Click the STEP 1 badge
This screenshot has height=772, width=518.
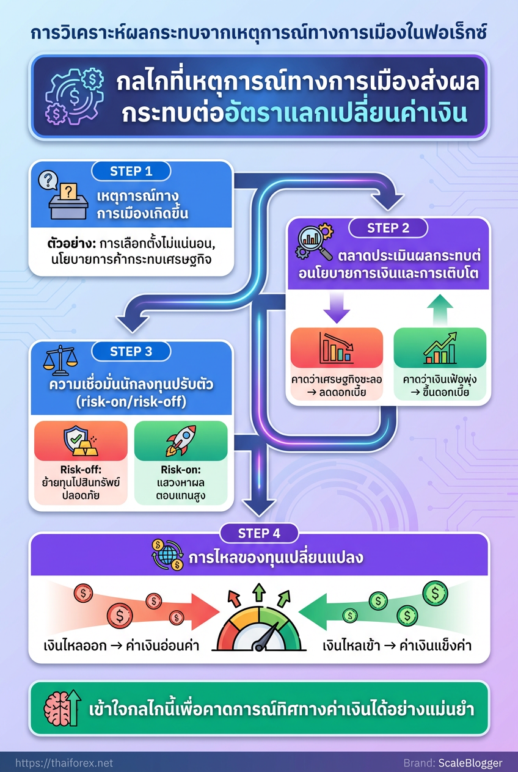(131, 171)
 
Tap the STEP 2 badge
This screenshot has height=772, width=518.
(388, 228)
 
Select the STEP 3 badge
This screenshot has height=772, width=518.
(131, 351)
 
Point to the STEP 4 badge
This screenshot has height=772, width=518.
(259, 533)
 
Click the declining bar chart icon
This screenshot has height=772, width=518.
(337, 349)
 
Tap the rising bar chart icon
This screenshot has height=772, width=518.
(440, 349)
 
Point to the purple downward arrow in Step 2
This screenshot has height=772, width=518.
(337, 307)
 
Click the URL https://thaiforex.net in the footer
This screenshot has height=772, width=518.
(64, 763)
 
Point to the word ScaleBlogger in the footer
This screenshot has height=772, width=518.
(470, 763)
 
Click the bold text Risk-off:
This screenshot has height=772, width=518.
(81, 470)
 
